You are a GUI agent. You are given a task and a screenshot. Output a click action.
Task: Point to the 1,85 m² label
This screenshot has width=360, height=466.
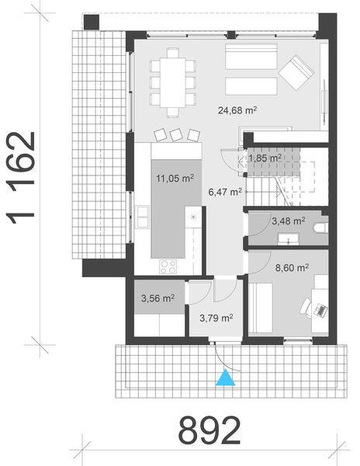264,158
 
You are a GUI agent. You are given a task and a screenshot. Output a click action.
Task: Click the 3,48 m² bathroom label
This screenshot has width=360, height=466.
288,221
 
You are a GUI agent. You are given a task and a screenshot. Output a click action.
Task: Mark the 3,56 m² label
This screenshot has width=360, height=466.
157,297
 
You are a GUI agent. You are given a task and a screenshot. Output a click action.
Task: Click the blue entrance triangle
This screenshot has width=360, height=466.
224,378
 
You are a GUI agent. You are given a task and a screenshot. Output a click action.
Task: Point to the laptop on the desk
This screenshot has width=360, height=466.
318,309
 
